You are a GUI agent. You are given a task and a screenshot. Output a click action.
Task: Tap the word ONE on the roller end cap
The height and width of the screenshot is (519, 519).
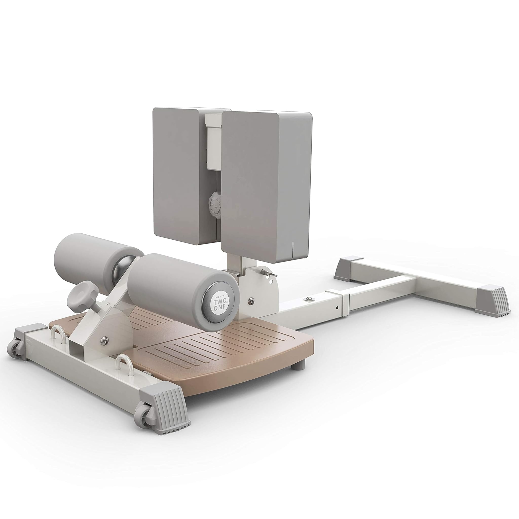pyautogui.click(x=219, y=309)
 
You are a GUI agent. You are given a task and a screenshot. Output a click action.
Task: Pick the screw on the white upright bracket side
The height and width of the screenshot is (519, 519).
pyautogui.click(x=251, y=300)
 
